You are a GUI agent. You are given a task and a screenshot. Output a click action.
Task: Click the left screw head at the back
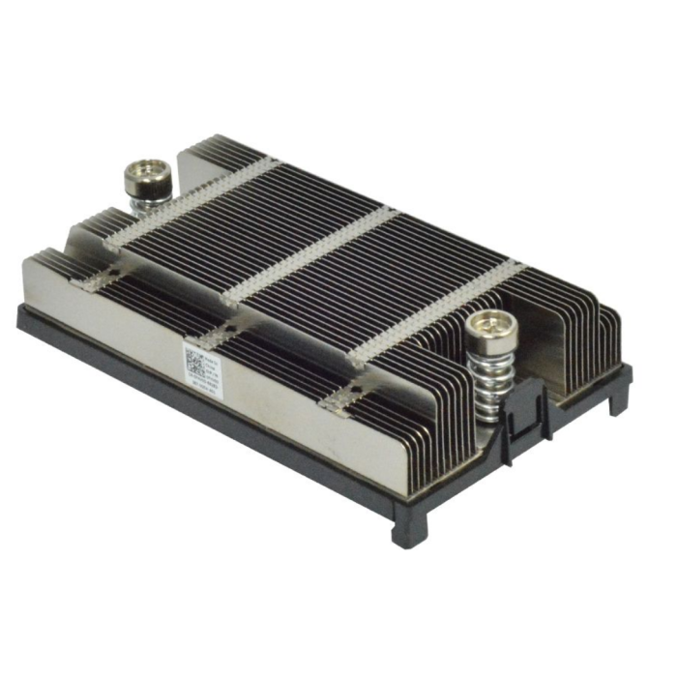click(x=147, y=176)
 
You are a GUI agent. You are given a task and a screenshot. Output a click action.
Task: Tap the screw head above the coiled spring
click(x=490, y=334)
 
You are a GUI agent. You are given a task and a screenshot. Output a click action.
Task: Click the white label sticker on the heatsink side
click(x=207, y=367)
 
